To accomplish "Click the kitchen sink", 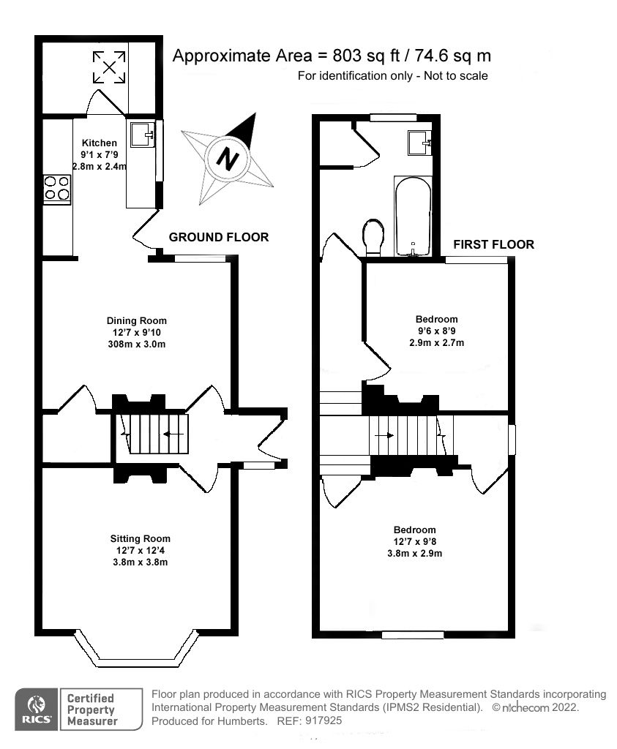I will point(141,133).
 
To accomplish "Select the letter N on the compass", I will point(230,158).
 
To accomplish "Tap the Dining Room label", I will point(137,320).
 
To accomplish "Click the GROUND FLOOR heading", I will point(219,237).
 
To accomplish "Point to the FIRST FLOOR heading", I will point(493,244).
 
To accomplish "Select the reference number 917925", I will point(322,720).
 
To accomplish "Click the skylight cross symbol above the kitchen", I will point(108,67).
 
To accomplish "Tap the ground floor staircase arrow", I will point(173,434).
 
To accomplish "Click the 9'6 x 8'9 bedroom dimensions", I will point(437,331).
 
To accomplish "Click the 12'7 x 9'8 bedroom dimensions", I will point(414,542).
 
